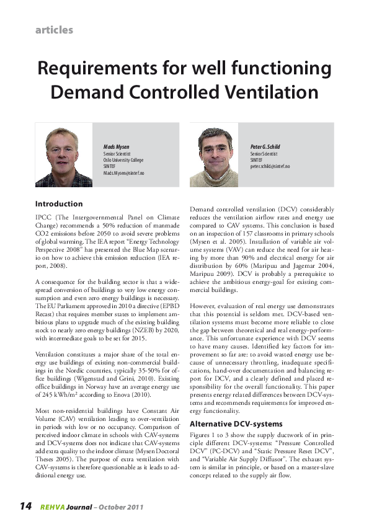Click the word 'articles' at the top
[x=55, y=30]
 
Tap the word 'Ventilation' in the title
[x=265, y=92]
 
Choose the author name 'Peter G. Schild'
[x=265, y=146]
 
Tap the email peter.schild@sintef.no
[x=270, y=167]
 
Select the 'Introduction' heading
[x=59, y=204]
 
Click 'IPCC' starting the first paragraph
[x=43, y=218]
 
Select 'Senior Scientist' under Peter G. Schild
[x=264, y=153]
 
